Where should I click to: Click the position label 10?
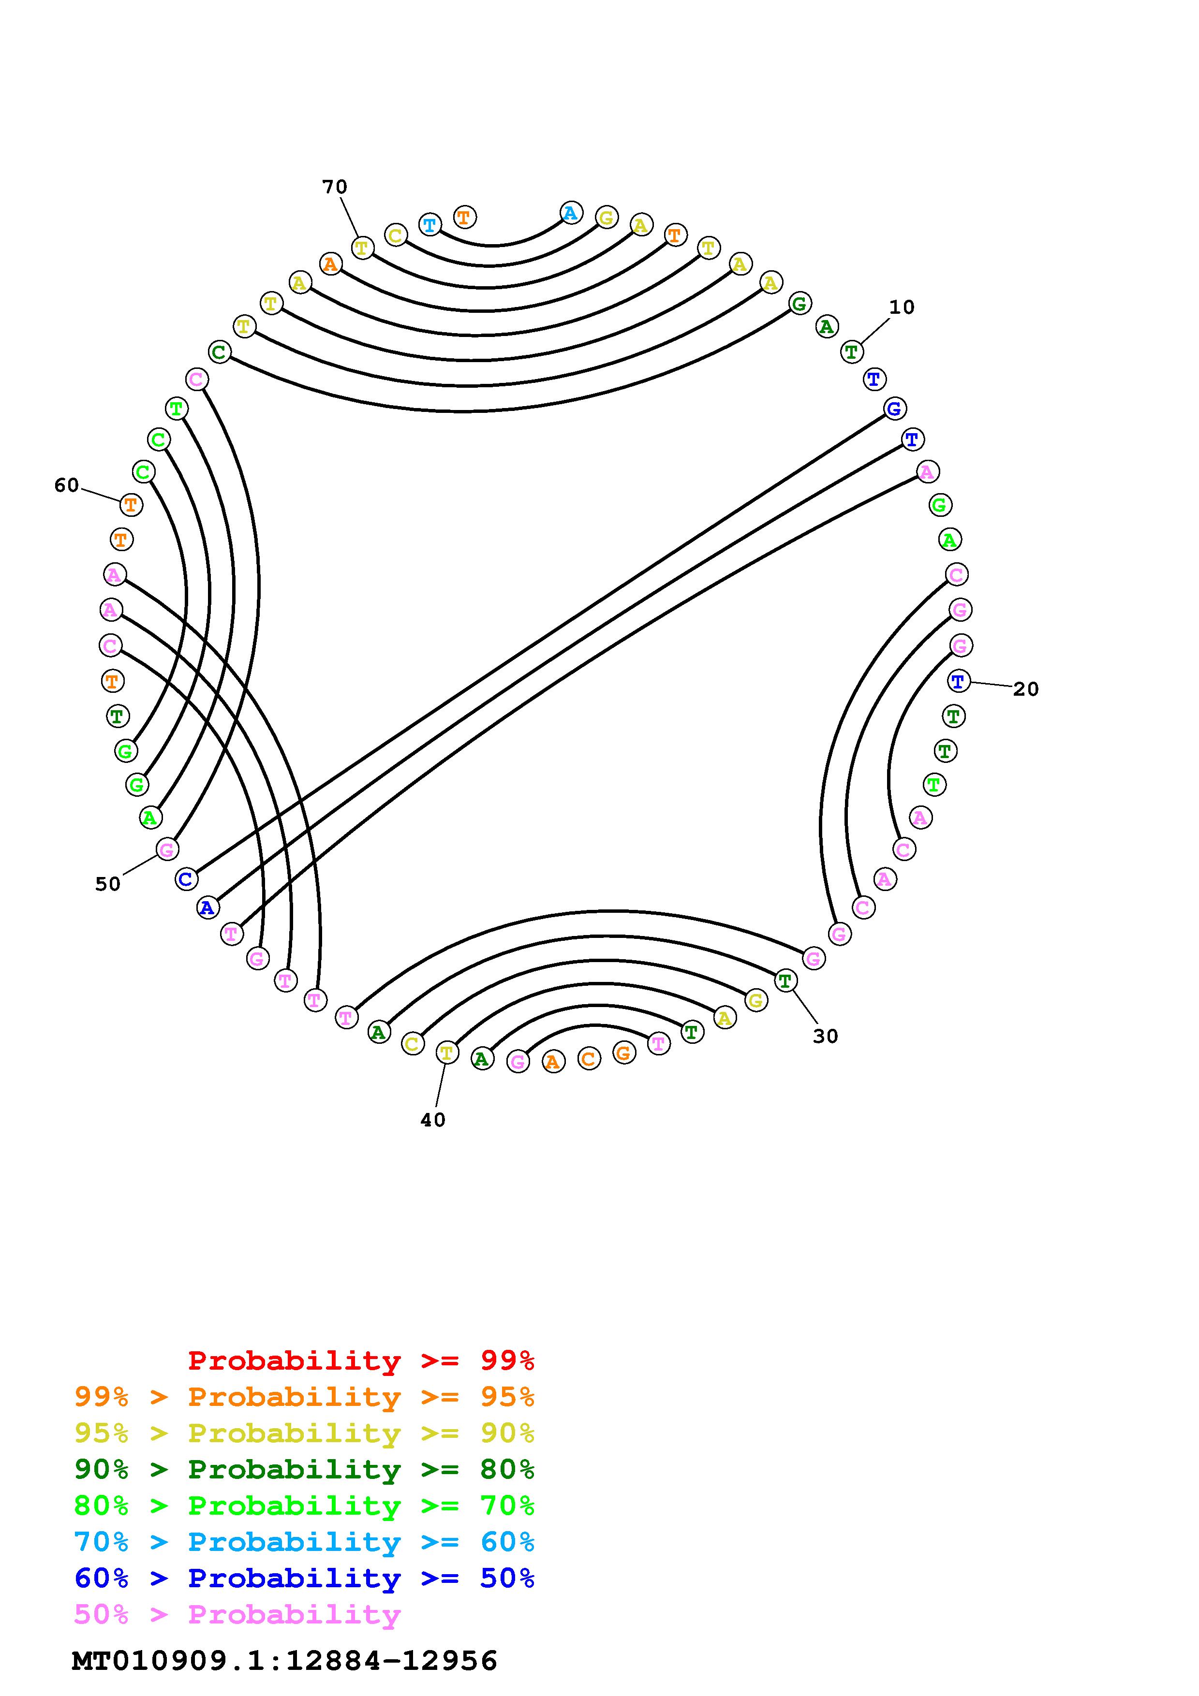tap(901, 307)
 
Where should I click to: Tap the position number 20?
tap(1025, 689)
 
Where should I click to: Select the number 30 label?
tap(825, 1037)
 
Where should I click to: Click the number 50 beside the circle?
tap(108, 884)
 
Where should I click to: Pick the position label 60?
tap(66, 485)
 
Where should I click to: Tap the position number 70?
tap(335, 187)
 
